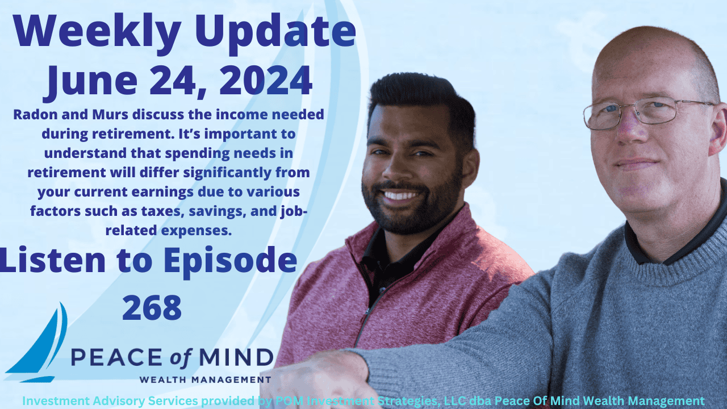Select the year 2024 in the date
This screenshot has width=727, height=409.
266,81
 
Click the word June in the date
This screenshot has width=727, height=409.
86,81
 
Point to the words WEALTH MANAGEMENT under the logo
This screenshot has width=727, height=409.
205,379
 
